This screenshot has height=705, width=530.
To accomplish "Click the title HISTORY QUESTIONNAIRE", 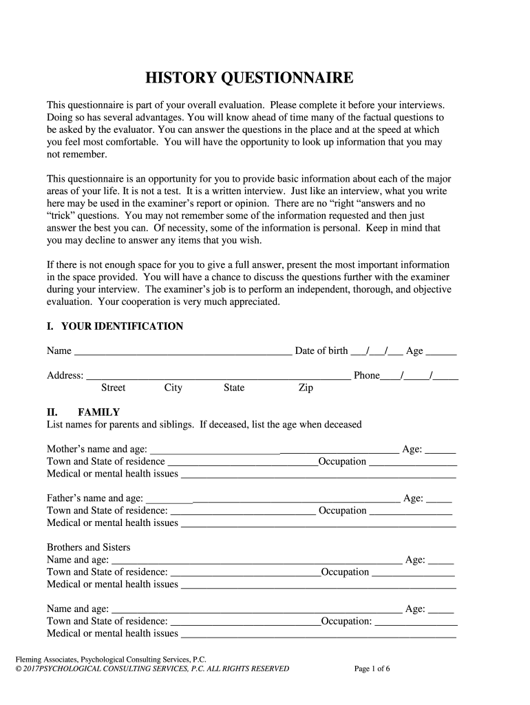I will point(249,78).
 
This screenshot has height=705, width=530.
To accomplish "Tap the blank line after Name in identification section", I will point(182,352).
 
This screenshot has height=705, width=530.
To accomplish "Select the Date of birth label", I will point(321,351).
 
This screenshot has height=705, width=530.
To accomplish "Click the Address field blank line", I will point(218,377).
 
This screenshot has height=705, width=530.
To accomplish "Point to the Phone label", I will point(366,375).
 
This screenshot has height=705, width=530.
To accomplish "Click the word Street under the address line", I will point(113,388).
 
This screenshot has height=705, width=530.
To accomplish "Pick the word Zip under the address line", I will point(306,388).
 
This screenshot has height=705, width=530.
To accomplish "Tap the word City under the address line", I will point(173,388).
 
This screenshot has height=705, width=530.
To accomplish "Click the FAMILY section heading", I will point(99,412).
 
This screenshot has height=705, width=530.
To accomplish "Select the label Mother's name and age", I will point(96,449).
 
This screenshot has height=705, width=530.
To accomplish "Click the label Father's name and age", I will point(95,498).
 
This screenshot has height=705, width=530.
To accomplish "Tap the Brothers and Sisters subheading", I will point(89,547).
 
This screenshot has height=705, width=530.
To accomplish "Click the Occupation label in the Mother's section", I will point(342,461).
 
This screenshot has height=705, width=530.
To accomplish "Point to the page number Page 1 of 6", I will point(372,669).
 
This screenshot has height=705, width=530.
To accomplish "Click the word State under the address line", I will point(234,388).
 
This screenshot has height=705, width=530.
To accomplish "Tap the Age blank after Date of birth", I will point(442,352).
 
